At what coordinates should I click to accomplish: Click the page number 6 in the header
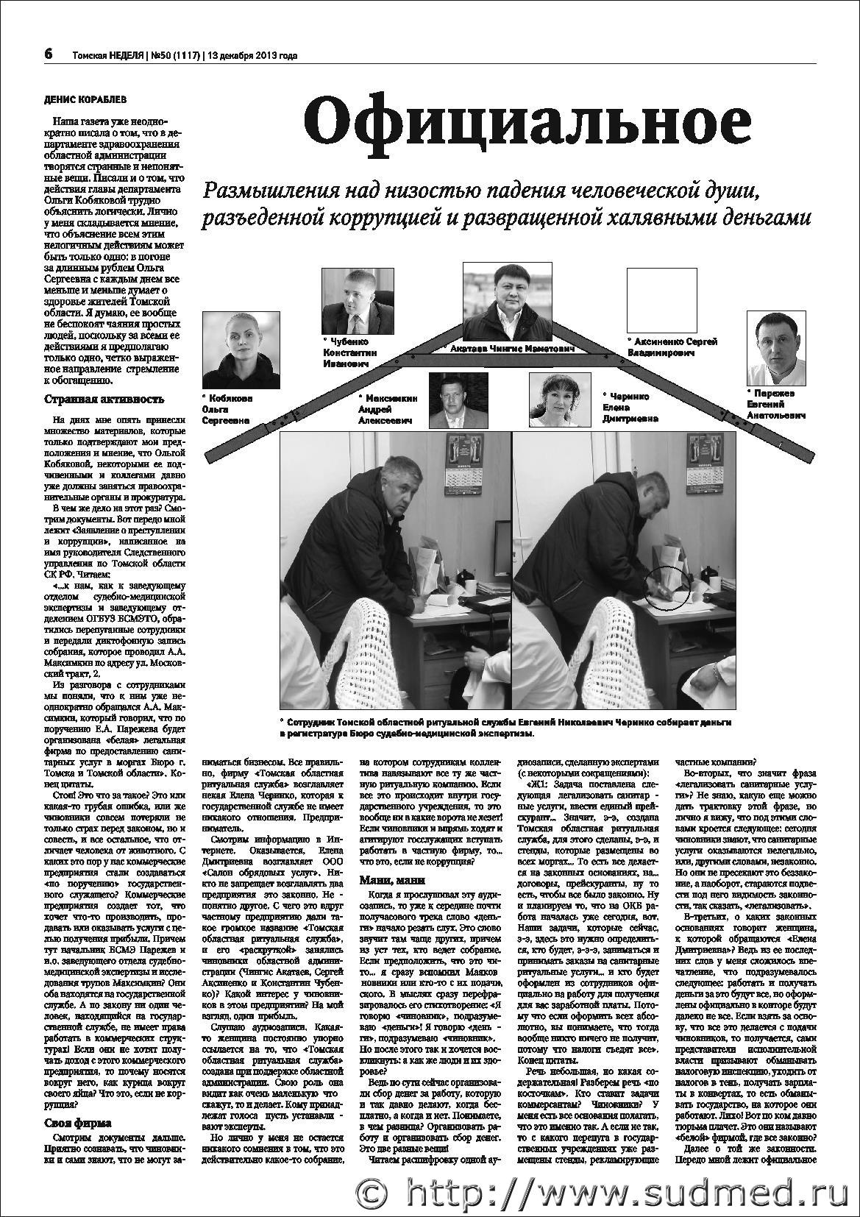[49, 54]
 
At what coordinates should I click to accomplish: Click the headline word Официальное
[527, 123]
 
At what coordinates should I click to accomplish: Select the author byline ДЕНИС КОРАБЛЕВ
[85, 98]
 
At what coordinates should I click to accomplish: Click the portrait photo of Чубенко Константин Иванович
[350, 302]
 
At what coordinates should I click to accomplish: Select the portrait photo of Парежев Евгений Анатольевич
[778, 348]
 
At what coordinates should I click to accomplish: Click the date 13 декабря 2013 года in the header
[252, 55]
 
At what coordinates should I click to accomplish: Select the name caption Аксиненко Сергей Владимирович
[672, 347]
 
